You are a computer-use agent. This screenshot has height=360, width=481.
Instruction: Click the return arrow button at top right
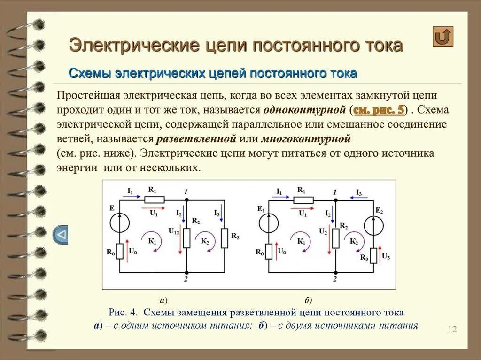[x=443, y=37]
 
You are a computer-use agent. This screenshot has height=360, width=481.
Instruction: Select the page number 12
[x=452, y=329]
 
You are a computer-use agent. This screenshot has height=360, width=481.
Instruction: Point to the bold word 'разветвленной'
[x=196, y=139]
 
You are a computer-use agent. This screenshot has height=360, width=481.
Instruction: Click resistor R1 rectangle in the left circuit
[x=154, y=199]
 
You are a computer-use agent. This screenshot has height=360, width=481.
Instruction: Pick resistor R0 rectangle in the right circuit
[x=268, y=251]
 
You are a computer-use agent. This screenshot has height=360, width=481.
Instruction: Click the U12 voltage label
[x=174, y=230]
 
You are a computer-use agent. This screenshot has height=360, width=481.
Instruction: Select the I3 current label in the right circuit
[x=359, y=192]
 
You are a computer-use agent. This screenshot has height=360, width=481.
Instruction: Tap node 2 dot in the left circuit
[x=186, y=272]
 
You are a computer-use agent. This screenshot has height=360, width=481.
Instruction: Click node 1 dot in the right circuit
[x=335, y=199]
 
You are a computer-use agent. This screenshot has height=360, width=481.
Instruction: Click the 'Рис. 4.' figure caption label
[x=124, y=312]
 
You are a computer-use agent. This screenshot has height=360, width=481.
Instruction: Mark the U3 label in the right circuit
[x=386, y=256]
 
